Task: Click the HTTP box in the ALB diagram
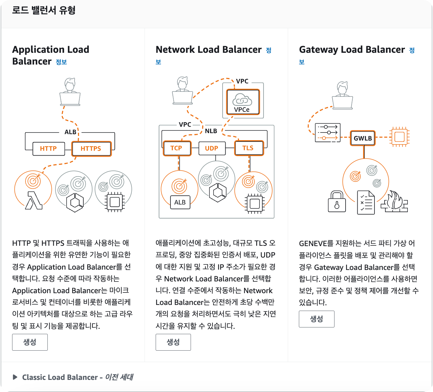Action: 48,149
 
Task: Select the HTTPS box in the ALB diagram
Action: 91,149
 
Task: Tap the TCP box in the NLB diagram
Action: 176,148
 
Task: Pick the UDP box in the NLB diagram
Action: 211,148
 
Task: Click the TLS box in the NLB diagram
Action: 248,148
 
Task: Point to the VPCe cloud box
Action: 243,102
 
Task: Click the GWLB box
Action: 363,138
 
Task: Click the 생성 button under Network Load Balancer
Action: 173,342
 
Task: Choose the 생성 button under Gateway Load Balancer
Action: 316,319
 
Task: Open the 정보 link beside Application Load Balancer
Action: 61,62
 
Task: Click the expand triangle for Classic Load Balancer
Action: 15,377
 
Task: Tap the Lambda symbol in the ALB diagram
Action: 34,200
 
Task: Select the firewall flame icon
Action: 394,202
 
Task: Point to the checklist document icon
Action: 366,202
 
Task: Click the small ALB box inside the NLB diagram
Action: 180,202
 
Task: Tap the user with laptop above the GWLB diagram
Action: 343,95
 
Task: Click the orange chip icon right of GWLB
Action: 399,137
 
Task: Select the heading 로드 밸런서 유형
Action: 44,10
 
